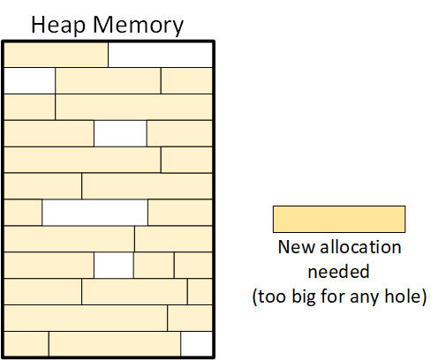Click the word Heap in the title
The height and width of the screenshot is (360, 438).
click(x=58, y=26)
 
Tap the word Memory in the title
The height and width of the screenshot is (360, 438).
click(x=138, y=26)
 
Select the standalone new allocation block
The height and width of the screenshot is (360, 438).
click(x=339, y=219)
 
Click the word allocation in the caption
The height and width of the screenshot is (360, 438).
click(x=360, y=247)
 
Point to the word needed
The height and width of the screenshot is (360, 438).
click(x=338, y=271)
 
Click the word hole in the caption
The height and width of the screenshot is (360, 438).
click(x=403, y=296)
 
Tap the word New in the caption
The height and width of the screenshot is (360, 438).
click(x=297, y=247)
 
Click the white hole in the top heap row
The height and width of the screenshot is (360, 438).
click(x=160, y=55)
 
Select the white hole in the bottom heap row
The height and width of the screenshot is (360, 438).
click(x=196, y=344)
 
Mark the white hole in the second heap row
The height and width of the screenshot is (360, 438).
click(x=29, y=80)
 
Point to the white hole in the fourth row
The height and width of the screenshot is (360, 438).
click(x=120, y=133)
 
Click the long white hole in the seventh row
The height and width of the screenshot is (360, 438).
click(x=94, y=213)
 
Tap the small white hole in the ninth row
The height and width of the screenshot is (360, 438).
click(x=114, y=265)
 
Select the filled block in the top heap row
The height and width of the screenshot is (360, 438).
click(x=56, y=55)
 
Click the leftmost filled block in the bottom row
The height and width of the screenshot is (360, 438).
click(x=26, y=344)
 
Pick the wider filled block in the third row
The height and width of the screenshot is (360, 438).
click(x=133, y=107)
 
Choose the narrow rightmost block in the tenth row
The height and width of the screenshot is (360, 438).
click(x=200, y=291)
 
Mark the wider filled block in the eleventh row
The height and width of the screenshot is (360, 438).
click(x=86, y=318)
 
